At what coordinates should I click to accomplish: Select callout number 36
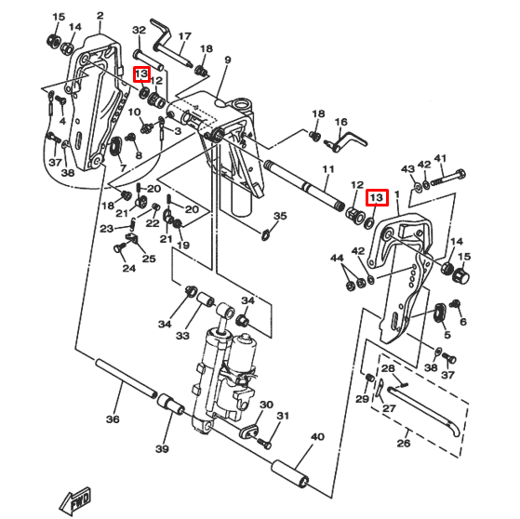click(113, 419)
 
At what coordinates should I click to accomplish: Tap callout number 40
click(317, 436)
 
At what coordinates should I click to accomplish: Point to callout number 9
click(228, 60)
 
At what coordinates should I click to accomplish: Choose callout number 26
click(403, 444)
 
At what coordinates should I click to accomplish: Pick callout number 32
click(140, 31)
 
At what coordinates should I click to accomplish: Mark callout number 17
click(184, 37)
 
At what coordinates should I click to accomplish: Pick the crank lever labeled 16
click(347, 140)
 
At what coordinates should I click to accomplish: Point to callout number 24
click(128, 269)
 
